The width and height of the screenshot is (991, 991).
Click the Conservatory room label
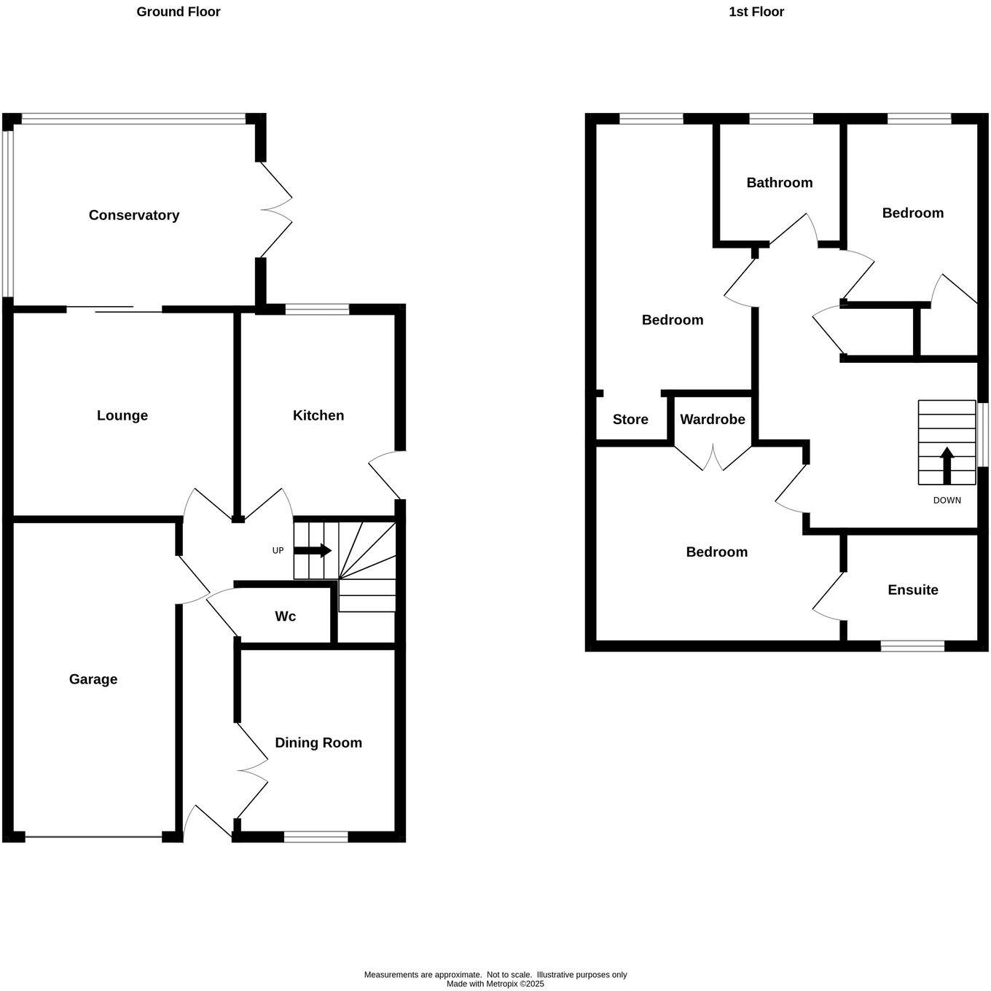tap(134, 215)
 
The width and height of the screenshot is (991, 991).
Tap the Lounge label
tap(122, 415)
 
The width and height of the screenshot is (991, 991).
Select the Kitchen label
tap(318, 415)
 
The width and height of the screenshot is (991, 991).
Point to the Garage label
tap(93, 679)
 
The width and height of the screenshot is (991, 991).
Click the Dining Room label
tap(318, 743)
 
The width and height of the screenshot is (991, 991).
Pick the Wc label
tap(286, 616)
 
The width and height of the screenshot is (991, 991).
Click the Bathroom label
tap(780, 183)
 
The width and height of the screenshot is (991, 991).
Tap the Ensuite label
tap(913, 590)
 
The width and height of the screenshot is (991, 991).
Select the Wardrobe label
tap(713, 420)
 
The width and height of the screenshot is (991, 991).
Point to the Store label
tap(630, 420)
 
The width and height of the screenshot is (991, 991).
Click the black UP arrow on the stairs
tap(313, 551)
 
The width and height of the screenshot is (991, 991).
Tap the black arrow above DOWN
tap(947, 465)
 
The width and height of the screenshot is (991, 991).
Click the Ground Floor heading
tap(179, 12)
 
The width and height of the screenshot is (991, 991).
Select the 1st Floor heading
tap(756, 12)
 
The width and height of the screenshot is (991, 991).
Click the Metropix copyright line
tap(495, 984)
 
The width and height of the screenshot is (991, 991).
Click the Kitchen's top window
tap(317, 310)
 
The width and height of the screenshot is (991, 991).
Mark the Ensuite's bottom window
tap(912, 646)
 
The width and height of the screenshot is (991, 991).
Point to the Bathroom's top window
tap(781, 119)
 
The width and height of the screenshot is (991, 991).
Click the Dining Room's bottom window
tap(316, 837)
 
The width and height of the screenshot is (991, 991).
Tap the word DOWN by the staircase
tap(947, 501)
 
